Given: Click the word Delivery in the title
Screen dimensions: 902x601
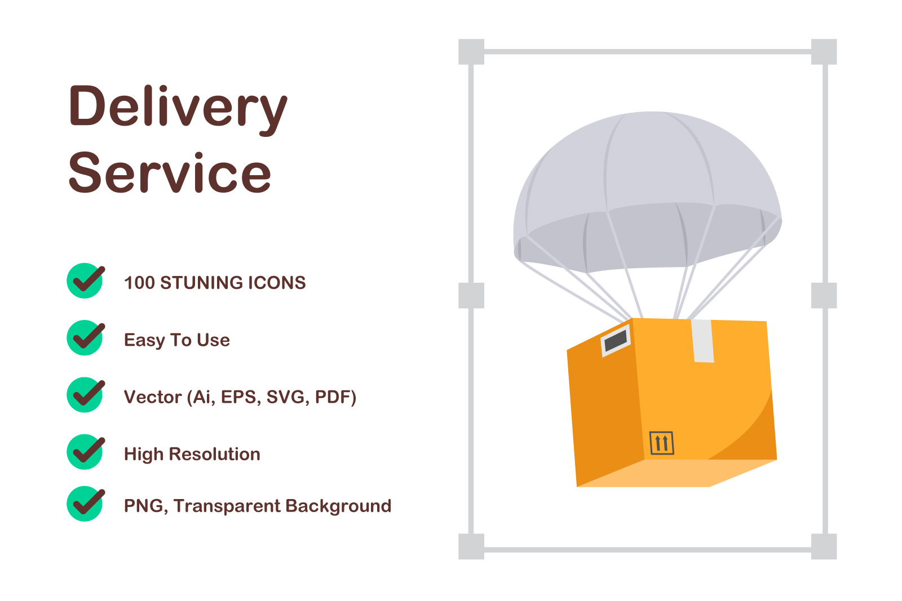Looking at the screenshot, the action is pos(178,109).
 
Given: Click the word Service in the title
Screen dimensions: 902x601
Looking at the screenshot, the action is pos(170,173).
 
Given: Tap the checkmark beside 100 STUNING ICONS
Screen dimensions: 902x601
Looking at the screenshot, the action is pos(86,281).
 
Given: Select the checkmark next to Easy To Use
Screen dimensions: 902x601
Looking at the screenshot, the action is pos(86,337).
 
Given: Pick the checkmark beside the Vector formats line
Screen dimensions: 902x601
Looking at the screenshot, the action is pos(86,395).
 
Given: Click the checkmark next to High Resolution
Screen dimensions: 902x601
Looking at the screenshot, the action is pos(86,452).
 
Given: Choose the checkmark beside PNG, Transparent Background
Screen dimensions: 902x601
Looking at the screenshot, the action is pos(86,504).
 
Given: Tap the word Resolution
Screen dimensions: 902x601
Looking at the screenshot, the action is pos(215,454).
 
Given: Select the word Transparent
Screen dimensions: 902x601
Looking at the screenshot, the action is pos(227,506).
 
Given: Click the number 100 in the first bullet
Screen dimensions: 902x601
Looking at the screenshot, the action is pos(139,283).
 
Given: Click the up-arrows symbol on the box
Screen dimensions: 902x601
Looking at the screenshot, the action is pos(662,443).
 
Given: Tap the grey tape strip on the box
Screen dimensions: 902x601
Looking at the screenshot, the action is pos(703,341).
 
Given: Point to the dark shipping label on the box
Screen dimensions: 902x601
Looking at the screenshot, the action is pos(616,341).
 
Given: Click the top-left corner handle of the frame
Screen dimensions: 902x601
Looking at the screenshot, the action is pos(471,52).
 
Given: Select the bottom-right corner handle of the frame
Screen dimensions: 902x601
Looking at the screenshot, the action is pos(824,546).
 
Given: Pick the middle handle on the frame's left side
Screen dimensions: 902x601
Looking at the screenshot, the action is pos(471,296).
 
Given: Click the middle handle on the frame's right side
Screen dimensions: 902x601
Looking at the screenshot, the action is pos(824,296).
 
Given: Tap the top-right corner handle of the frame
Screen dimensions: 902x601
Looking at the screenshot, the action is pos(824,52).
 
